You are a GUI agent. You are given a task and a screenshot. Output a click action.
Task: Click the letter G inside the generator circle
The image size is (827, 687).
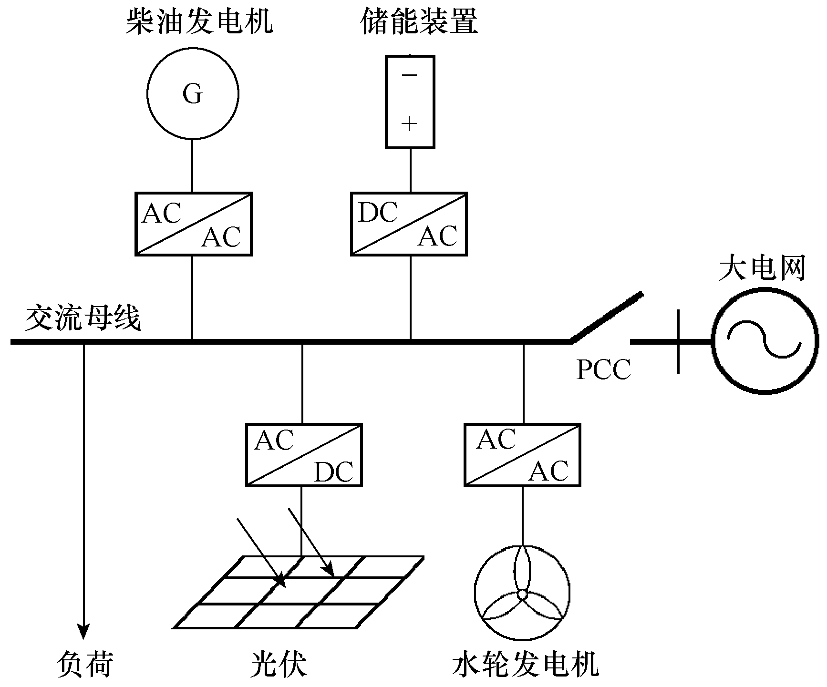193,94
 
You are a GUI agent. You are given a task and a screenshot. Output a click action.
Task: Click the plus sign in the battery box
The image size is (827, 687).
409,124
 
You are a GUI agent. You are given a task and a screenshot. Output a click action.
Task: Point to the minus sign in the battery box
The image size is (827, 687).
409,75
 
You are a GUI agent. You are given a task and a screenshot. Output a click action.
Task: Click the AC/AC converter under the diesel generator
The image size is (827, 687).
193,224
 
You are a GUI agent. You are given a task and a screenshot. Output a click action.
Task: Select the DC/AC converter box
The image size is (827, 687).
409,224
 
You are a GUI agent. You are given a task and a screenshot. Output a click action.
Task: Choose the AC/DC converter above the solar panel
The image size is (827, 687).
304,455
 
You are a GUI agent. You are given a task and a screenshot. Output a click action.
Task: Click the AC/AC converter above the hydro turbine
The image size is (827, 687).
522,455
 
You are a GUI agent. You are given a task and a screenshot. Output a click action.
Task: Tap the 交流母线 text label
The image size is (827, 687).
83,318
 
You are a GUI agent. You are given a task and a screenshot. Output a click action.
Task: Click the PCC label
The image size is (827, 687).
603,369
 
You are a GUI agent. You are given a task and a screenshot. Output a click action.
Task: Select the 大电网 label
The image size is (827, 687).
761,268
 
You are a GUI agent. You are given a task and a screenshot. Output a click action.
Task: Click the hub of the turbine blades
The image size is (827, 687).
522,594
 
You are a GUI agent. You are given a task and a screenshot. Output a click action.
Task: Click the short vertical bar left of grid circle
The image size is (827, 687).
678,341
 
